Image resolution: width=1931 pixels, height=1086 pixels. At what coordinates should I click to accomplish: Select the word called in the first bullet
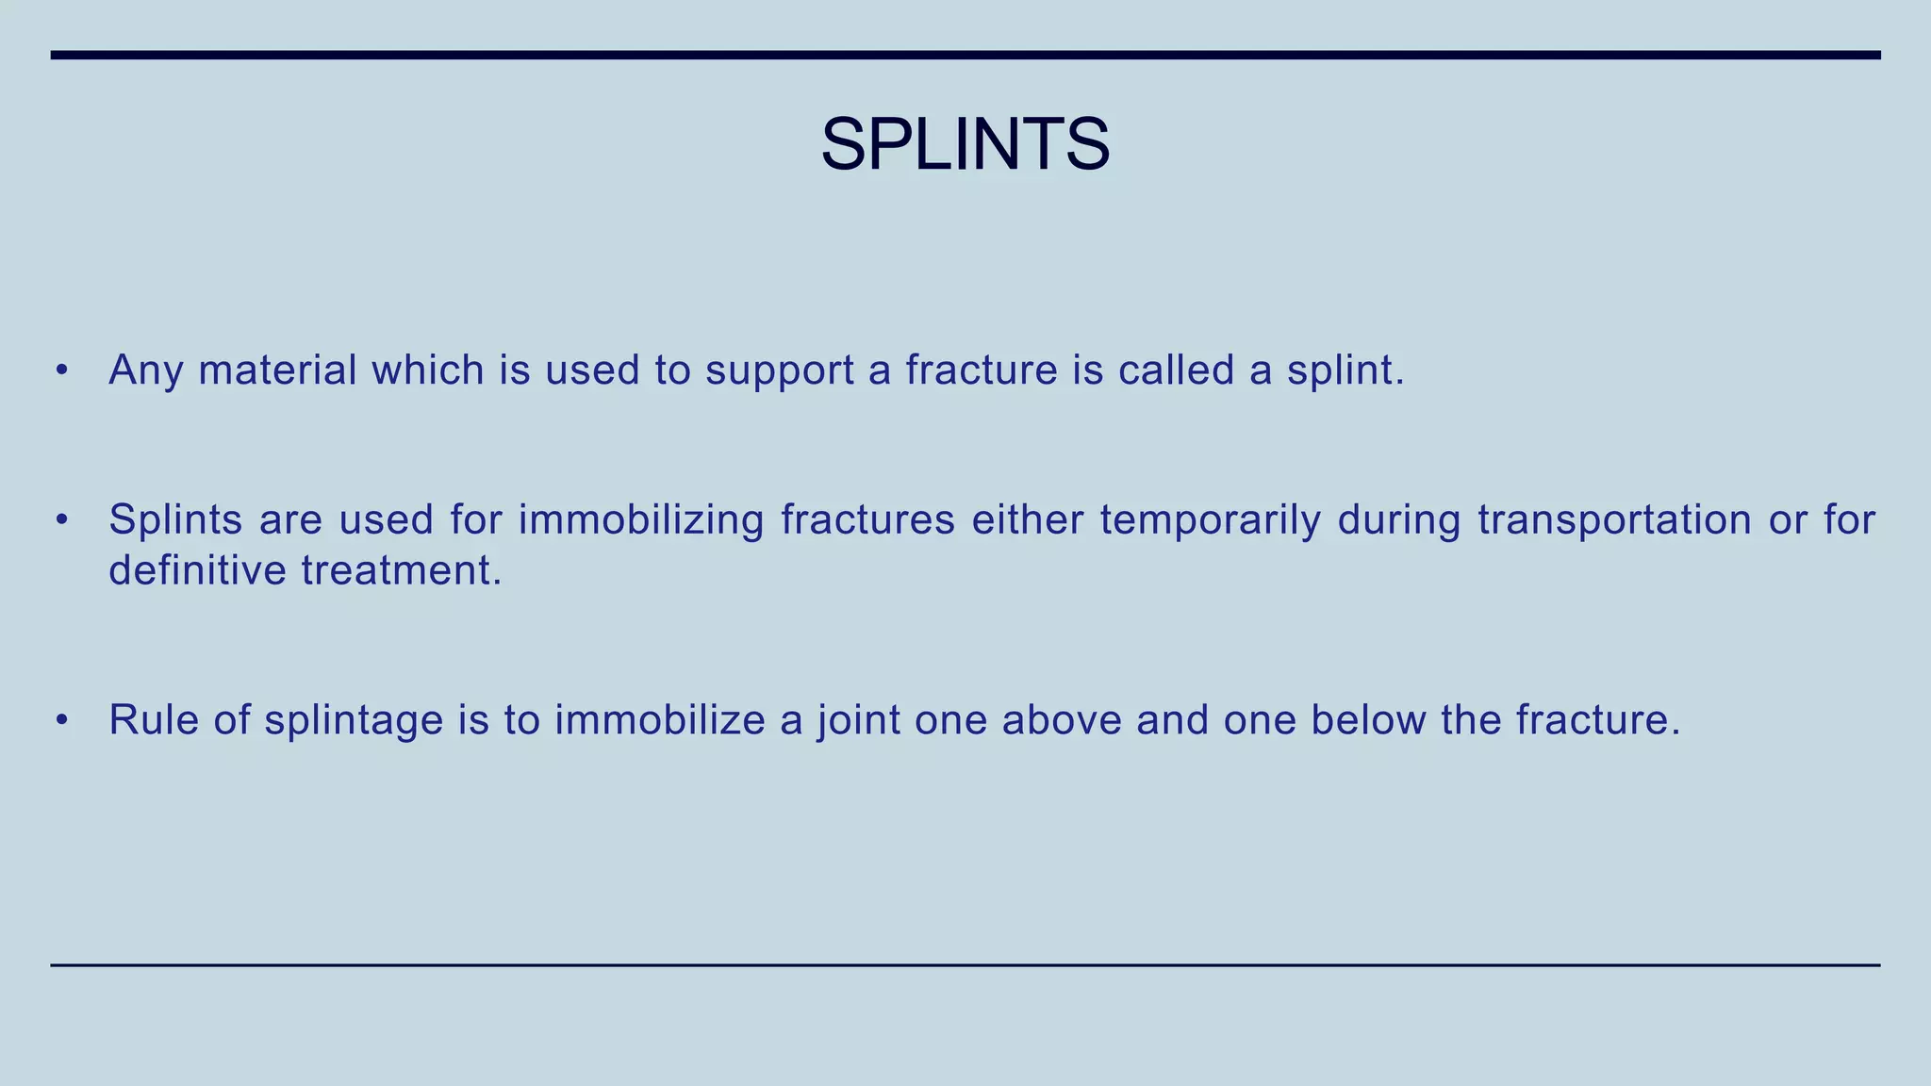tap(1176, 370)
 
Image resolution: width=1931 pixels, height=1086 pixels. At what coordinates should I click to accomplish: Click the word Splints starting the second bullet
tap(175, 519)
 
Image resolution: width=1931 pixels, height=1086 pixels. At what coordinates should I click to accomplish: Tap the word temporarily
tap(1210, 519)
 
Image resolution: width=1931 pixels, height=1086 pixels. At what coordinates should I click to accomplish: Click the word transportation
tap(1613, 519)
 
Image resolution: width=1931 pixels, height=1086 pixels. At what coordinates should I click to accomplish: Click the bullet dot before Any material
tap(62, 370)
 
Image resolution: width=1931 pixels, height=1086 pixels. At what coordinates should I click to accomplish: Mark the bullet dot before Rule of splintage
tap(62, 721)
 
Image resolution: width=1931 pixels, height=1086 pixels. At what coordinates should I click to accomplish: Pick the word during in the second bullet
tap(1398, 519)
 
